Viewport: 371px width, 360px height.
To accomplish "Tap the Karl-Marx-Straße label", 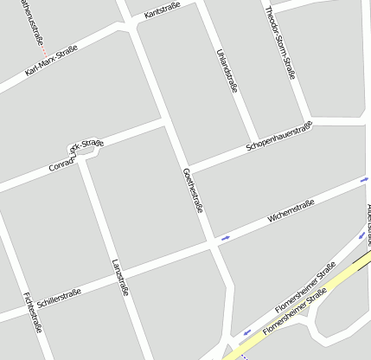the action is (51, 60).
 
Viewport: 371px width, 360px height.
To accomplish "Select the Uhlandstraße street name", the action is (224, 69).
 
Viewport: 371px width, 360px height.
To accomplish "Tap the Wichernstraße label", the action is (291, 211).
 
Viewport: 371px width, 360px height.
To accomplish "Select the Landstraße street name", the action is (120, 278).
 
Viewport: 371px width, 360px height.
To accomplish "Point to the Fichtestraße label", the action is (34, 312).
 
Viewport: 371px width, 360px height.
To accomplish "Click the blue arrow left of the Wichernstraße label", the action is (226, 236).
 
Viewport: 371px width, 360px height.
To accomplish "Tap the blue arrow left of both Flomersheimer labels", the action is (246, 331).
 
